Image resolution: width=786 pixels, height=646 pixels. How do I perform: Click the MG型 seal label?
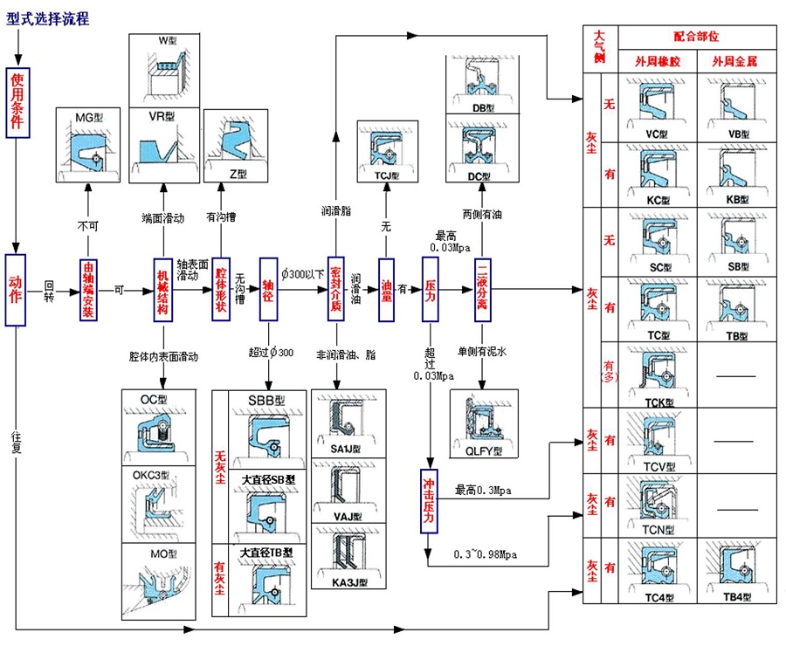(88, 116)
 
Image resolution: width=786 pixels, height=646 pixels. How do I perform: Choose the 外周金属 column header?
(734, 62)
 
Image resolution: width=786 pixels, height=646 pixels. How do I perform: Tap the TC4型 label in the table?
(657, 596)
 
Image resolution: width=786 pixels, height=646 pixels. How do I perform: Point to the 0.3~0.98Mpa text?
(486, 554)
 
